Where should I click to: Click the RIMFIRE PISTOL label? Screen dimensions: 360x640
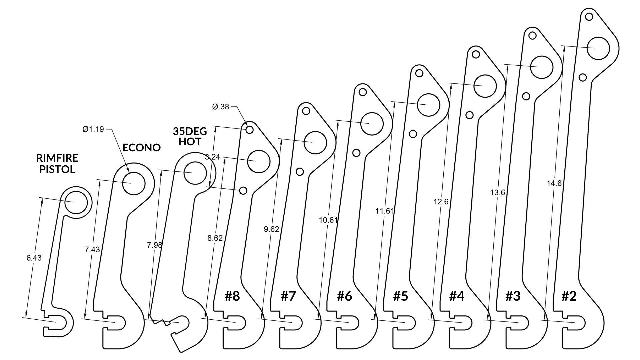point(57,163)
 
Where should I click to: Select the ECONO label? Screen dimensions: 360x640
point(142,147)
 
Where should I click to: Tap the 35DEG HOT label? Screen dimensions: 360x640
point(190,136)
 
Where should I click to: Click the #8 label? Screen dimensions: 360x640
point(232,296)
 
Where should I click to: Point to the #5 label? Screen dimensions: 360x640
point(400,296)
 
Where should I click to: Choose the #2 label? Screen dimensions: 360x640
point(569,296)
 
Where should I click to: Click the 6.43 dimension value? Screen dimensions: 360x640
point(34,258)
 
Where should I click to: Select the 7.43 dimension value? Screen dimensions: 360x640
point(92,250)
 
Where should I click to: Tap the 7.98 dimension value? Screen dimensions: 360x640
point(155,245)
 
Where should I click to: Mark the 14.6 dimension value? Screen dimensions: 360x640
point(554,183)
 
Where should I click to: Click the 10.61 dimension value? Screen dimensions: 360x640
point(328,220)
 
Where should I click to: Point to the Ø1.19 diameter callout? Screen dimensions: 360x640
point(93,129)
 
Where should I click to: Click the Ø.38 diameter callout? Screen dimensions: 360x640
point(221,107)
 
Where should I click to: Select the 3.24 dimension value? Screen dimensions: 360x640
point(212,157)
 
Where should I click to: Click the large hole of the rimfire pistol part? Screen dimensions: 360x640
point(76,202)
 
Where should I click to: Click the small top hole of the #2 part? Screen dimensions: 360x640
point(589,16)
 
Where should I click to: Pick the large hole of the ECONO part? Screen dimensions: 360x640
point(134,183)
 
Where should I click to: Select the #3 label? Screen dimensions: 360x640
point(513,296)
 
